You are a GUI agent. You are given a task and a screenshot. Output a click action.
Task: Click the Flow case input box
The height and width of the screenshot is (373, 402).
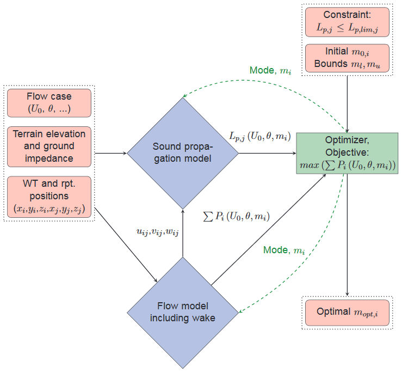(50, 103)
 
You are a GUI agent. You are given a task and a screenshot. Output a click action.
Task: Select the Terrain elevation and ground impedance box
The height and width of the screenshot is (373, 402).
(50, 146)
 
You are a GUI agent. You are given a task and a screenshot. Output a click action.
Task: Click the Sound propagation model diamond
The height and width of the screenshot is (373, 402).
(183, 153)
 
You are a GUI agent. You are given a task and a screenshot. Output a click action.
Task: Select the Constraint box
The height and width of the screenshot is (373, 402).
(348, 21)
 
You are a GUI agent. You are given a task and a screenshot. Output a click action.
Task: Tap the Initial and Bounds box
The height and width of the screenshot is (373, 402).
(348, 57)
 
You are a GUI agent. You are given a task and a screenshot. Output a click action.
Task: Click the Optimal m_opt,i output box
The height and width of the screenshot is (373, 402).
(347, 313)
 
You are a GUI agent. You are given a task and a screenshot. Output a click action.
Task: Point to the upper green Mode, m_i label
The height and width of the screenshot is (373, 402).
(271, 71)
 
